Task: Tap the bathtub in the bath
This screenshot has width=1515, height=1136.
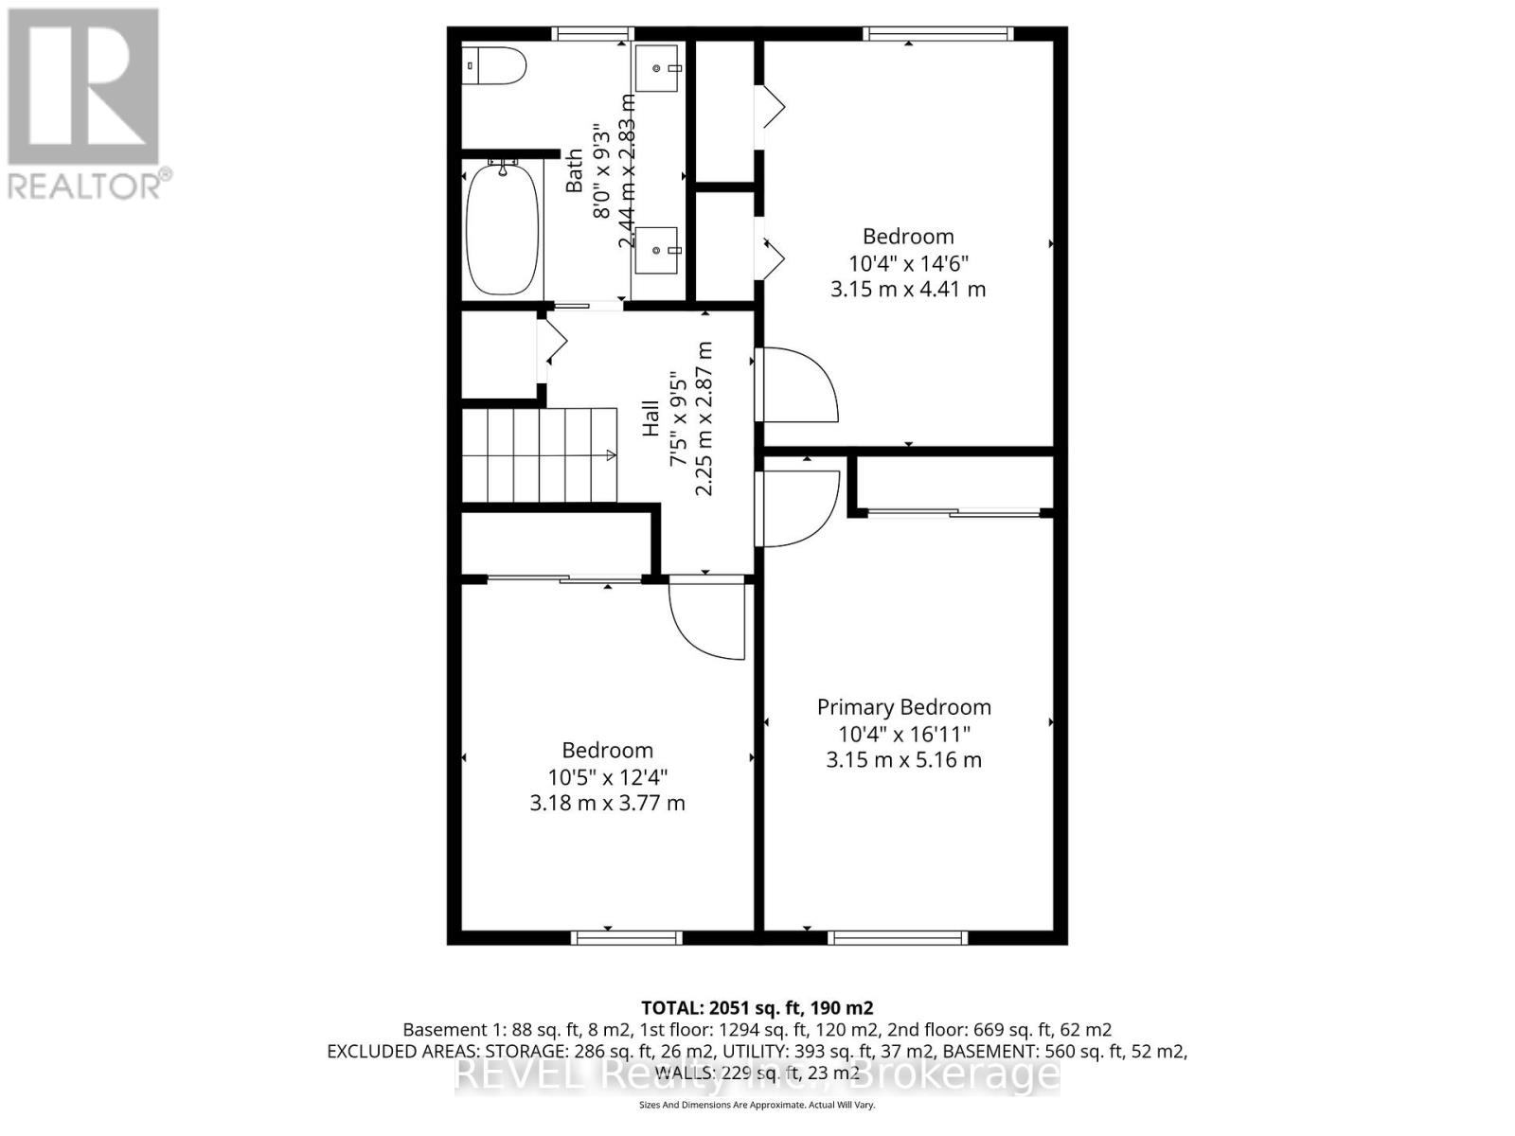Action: [x=503, y=230]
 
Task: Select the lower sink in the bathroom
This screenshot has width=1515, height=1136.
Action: [x=657, y=250]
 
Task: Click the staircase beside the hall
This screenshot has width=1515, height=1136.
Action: [x=539, y=454]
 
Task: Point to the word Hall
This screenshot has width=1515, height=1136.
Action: [x=651, y=418]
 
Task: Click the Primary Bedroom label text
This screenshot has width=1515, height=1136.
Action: [x=903, y=707]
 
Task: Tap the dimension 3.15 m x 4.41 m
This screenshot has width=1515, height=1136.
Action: [x=908, y=290]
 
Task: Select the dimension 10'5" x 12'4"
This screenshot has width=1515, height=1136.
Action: [x=607, y=777]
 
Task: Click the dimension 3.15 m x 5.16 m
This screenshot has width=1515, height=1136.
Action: [x=903, y=759]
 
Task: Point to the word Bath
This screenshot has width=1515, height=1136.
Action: [x=575, y=170]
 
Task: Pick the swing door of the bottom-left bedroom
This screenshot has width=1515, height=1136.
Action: [x=707, y=620]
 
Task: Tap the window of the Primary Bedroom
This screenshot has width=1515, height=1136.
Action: [x=897, y=938]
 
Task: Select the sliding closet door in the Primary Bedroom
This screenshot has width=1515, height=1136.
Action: [x=954, y=513]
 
